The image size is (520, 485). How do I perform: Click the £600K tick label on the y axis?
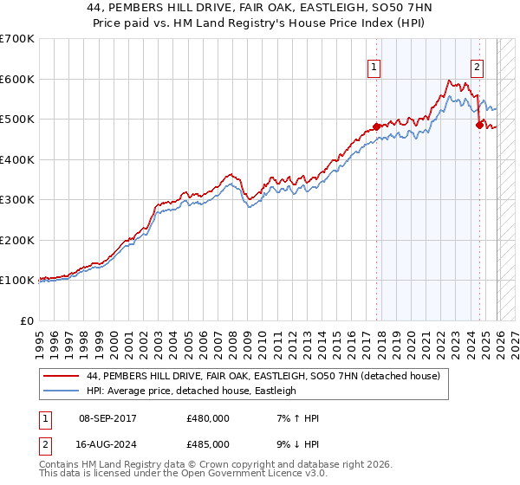(17, 79)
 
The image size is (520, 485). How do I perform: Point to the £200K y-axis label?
(17, 240)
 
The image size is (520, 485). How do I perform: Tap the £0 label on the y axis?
(27, 320)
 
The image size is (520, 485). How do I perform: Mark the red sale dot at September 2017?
(376, 126)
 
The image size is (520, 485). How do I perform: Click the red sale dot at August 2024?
(479, 125)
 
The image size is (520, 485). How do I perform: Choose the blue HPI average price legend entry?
(191, 391)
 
